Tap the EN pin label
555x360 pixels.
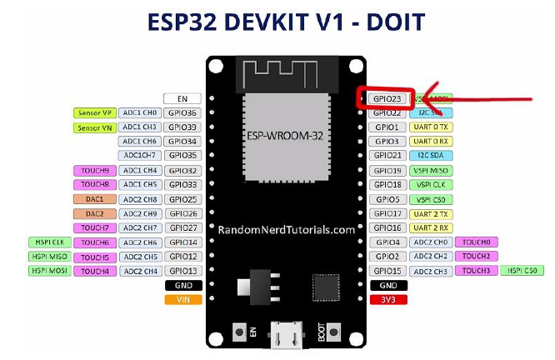pyautogui.click(x=182, y=98)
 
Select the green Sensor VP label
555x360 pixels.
pyautogui.click(x=94, y=113)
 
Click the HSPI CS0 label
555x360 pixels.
pyautogui.click(x=523, y=271)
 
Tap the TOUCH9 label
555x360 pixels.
pyautogui.click(x=94, y=171)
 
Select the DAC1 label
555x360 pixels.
pyautogui.click(x=94, y=199)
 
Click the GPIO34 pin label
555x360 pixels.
pyautogui.click(x=182, y=142)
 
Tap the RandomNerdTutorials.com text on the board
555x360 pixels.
pyautogui.click(x=287, y=228)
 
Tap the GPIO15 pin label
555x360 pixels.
pyautogui.click(x=387, y=271)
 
